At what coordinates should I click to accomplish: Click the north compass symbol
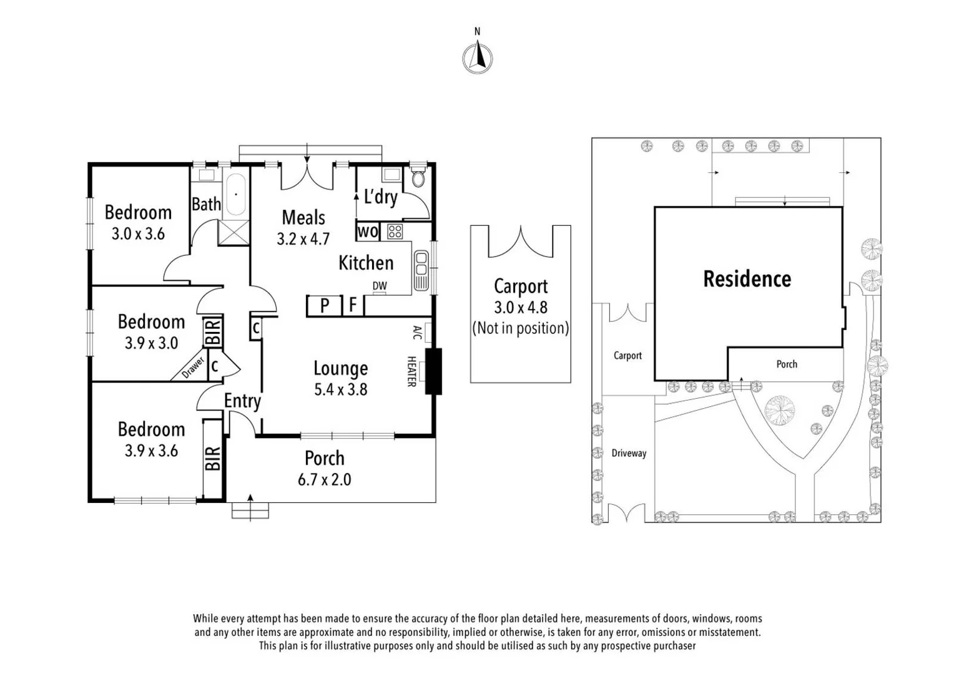point(478,58)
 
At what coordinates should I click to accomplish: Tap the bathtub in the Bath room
point(235,194)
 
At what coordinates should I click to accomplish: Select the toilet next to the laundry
point(419,178)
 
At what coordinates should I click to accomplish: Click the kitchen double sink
point(421,270)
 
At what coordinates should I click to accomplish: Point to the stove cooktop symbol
point(395,232)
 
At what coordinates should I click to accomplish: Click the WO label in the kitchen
point(367,232)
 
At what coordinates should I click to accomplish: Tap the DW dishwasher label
point(380,286)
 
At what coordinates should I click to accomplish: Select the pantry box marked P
point(324,305)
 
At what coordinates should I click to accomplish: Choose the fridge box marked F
point(353,305)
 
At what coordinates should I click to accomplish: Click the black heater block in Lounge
point(433,371)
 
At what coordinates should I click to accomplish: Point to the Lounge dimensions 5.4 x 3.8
point(340,390)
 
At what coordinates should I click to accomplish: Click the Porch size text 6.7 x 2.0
point(324,480)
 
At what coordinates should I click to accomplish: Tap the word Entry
point(242,401)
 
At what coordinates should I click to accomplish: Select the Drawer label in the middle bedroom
point(193,368)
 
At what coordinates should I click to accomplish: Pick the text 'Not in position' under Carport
point(520,328)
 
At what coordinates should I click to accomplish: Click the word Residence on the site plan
point(747,279)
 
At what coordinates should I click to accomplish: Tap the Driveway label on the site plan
point(629,454)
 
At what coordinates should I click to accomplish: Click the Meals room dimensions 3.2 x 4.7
point(303,239)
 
